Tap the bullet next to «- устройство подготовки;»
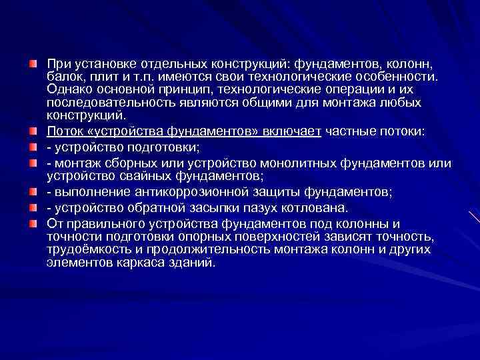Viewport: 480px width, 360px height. click(x=33, y=145)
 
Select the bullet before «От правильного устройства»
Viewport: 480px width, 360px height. click(x=33, y=224)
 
